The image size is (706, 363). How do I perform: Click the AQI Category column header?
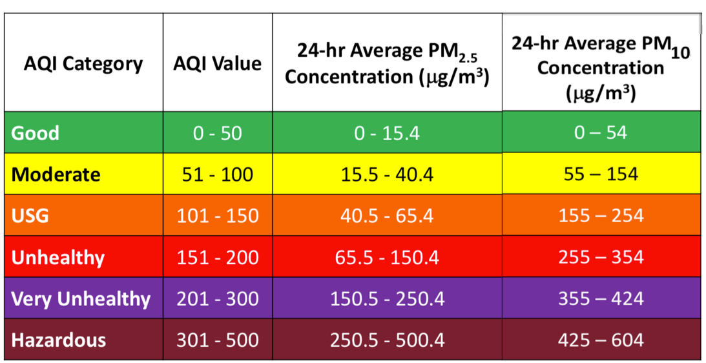(x=83, y=64)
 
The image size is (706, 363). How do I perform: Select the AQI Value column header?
(x=218, y=64)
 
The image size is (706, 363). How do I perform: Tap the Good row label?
(x=36, y=133)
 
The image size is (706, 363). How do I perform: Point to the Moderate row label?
(x=56, y=174)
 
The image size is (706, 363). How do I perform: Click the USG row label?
(x=30, y=216)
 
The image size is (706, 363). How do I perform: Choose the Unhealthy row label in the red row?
(x=58, y=257)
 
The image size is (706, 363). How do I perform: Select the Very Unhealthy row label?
(x=81, y=298)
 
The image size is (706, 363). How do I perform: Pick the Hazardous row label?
(x=59, y=340)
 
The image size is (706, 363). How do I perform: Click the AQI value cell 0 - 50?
(x=218, y=133)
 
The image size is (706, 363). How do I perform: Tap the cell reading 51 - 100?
(x=218, y=174)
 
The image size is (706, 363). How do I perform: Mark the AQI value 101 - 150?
(x=218, y=216)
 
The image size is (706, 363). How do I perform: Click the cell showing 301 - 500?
(x=218, y=340)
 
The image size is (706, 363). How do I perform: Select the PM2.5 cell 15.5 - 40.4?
(x=387, y=174)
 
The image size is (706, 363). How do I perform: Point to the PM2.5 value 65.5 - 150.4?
(x=387, y=257)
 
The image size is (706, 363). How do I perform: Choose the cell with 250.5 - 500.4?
(x=387, y=340)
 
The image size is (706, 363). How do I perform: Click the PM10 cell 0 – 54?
(x=601, y=132)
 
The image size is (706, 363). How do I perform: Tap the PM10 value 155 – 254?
(x=601, y=215)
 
